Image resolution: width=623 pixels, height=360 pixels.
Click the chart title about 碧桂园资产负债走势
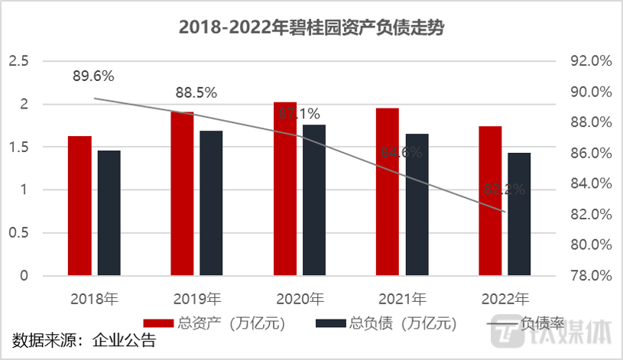pyautogui.click(x=311, y=28)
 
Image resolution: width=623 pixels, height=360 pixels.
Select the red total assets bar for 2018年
pyautogui.click(x=79, y=206)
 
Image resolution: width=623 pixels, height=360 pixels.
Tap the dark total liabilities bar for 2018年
pyautogui.click(x=109, y=212)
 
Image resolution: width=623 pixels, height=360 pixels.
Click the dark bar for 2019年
pyautogui.click(x=211, y=203)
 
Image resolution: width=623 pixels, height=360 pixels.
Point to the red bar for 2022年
pyautogui.click(x=490, y=200)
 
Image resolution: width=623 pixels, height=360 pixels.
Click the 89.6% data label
pyautogui.click(x=93, y=76)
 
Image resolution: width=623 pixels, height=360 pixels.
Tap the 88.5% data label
pyautogui.click(x=196, y=93)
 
